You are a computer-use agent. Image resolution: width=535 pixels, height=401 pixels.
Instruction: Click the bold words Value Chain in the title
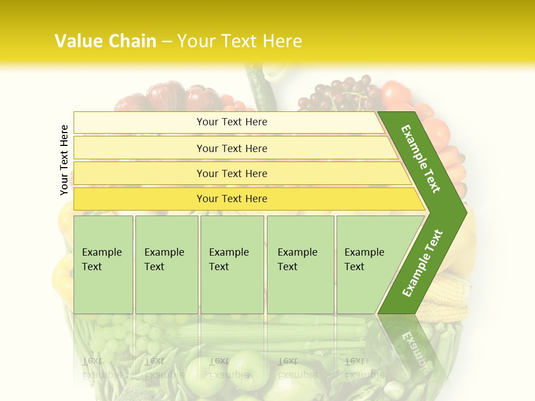pyautogui.click(x=105, y=41)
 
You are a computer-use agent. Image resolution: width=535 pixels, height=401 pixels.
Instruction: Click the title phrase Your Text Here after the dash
pyautogui.click(x=240, y=41)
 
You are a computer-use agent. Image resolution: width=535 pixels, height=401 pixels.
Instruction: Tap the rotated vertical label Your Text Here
pyautogui.click(x=64, y=160)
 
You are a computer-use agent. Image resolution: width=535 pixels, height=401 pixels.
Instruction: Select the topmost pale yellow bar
pyautogui.click(x=231, y=122)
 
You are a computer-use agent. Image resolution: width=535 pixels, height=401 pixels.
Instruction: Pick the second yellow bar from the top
pyautogui.click(x=231, y=148)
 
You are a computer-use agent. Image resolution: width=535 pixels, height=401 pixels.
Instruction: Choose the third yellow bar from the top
pyautogui.click(x=231, y=173)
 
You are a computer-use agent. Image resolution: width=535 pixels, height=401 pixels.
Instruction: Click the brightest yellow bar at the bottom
pyautogui.click(x=231, y=199)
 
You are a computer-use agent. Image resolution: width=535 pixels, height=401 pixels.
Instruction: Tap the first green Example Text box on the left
pyautogui.click(x=103, y=265)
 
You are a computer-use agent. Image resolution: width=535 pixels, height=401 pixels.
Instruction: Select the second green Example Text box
pyautogui.click(x=166, y=265)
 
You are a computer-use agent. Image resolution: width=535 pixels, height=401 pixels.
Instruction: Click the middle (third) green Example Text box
pyautogui.click(x=232, y=265)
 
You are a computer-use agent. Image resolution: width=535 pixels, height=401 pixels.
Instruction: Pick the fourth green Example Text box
pyautogui.click(x=300, y=265)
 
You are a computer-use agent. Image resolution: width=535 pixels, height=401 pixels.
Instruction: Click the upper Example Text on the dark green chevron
pyautogui.click(x=421, y=159)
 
